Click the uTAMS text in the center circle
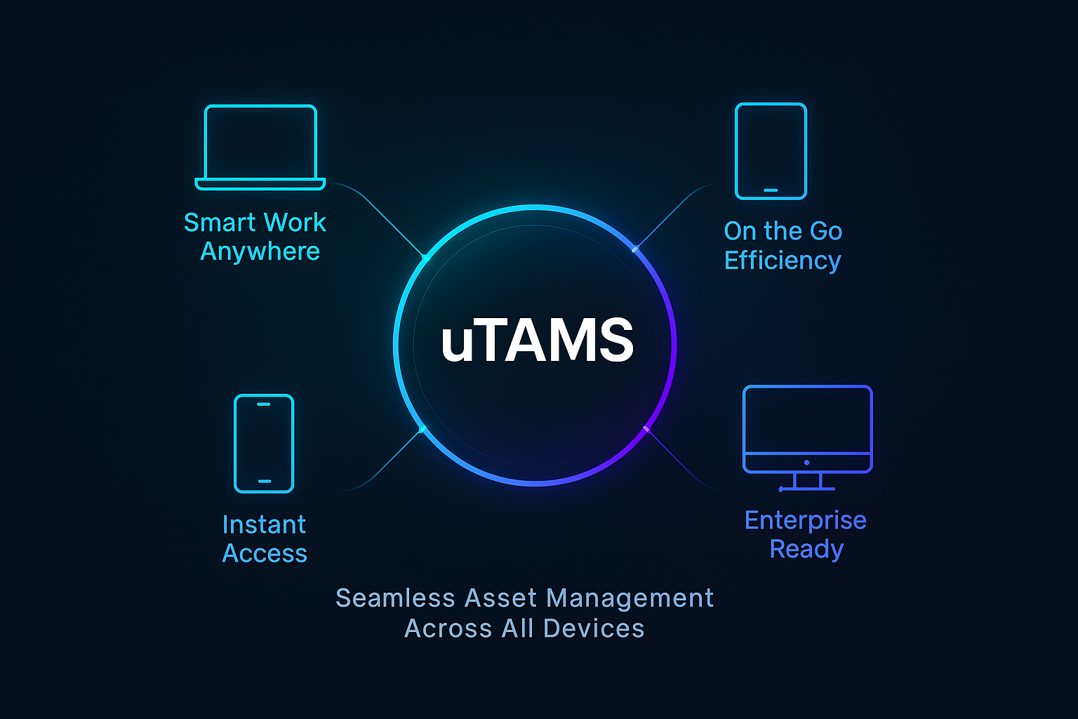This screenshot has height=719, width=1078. tap(537, 339)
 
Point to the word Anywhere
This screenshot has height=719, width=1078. tap(260, 251)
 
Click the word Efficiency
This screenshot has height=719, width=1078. tap(783, 260)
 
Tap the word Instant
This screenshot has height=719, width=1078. tap(264, 525)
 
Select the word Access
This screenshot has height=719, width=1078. tap(265, 553)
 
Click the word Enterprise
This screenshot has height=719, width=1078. tap(806, 520)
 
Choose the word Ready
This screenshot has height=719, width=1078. tap(806, 549)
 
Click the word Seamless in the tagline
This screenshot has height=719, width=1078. tap(396, 598)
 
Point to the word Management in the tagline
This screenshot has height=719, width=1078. tap(630, 599)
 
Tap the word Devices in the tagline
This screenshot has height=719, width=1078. tap(593, 628)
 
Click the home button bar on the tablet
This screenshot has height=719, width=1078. tap(771, 190)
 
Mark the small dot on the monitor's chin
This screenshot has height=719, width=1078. tap(806, 463)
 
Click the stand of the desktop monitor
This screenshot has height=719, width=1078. tap(807, 482)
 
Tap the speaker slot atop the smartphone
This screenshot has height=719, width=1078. tap(264, 404)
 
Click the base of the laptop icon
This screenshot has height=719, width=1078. tap(260, 185)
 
